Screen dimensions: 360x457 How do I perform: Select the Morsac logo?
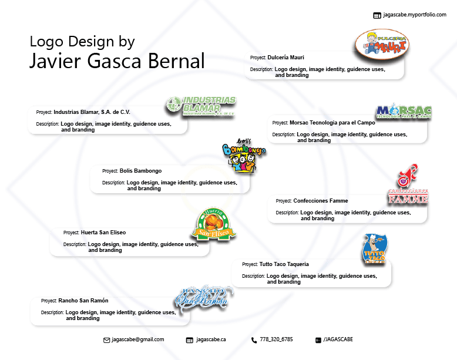coord(404,112)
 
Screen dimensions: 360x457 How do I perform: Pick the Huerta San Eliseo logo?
coord(213,225)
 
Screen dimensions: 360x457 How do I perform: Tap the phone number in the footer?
coord(276,339)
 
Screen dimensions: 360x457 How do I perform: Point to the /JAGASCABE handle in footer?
coord(338,339)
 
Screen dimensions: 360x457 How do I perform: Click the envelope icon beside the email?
coord(106,340)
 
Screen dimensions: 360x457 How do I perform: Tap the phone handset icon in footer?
coord(254,340)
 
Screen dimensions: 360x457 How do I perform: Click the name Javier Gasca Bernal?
coord(117,61)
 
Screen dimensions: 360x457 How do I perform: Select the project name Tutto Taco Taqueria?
coord(284,264)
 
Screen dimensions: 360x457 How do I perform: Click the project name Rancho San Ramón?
coord(83,301)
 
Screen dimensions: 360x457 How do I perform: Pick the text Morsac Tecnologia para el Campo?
coord(332,123)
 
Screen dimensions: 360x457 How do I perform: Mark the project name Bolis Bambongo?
coord(140,171)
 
